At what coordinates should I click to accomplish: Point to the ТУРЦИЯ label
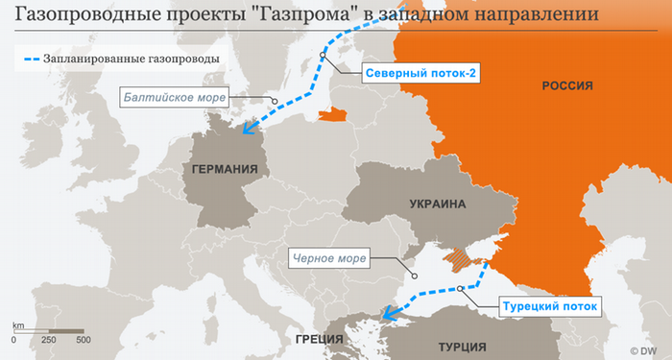(463, 346)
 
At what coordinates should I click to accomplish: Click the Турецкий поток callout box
(549, 307)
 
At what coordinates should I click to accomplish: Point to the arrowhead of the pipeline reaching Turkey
(387, 312)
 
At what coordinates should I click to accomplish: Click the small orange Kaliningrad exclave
(331, 115)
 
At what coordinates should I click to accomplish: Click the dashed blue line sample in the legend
(35, 59)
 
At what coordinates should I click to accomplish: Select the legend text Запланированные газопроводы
(134, 59)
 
